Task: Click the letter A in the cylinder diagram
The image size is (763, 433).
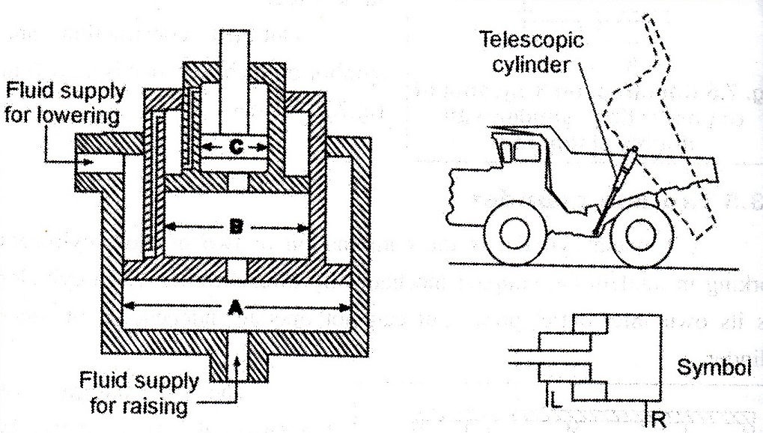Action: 237,306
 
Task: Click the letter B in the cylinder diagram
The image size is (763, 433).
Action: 237,224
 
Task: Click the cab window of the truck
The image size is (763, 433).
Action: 526,152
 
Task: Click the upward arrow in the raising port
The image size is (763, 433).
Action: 237,367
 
